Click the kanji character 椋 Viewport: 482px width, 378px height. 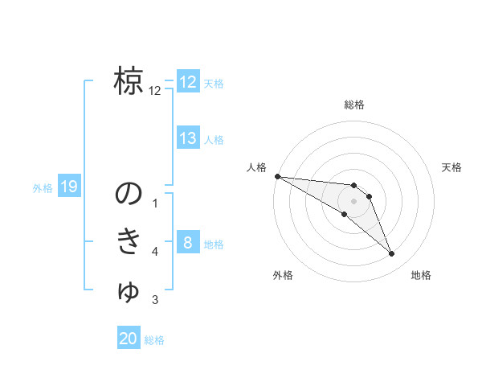tap(129, 81)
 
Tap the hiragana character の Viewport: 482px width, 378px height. tap(129, 193)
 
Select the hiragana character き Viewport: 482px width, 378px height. tap(129, 242)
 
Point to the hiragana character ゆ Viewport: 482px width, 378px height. tap(129, 291)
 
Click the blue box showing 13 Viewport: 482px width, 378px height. tap(188, 138)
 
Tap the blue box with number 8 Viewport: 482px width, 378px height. tap(187, 243)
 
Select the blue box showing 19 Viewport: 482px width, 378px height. tap(69, 187)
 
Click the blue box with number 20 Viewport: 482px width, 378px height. tap(129, 339)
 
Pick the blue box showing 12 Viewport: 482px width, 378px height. tap(188, 82)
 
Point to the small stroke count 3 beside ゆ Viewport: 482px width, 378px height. tap(155, 301)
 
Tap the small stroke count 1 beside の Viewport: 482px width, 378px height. tap(155, 203)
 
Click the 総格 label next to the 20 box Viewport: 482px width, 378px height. tap(154, 340)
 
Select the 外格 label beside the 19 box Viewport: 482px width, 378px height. tap(43, 188)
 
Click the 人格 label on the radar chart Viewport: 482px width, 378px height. tap(256, 167)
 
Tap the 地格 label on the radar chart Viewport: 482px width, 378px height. tap(421, 275)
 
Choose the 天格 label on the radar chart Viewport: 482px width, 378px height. tap(452, 167)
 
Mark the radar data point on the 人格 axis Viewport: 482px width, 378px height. tap(277, 176)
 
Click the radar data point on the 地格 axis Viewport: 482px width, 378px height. tap(392, 254)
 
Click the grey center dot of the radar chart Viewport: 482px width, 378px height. tap(354, 201)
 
